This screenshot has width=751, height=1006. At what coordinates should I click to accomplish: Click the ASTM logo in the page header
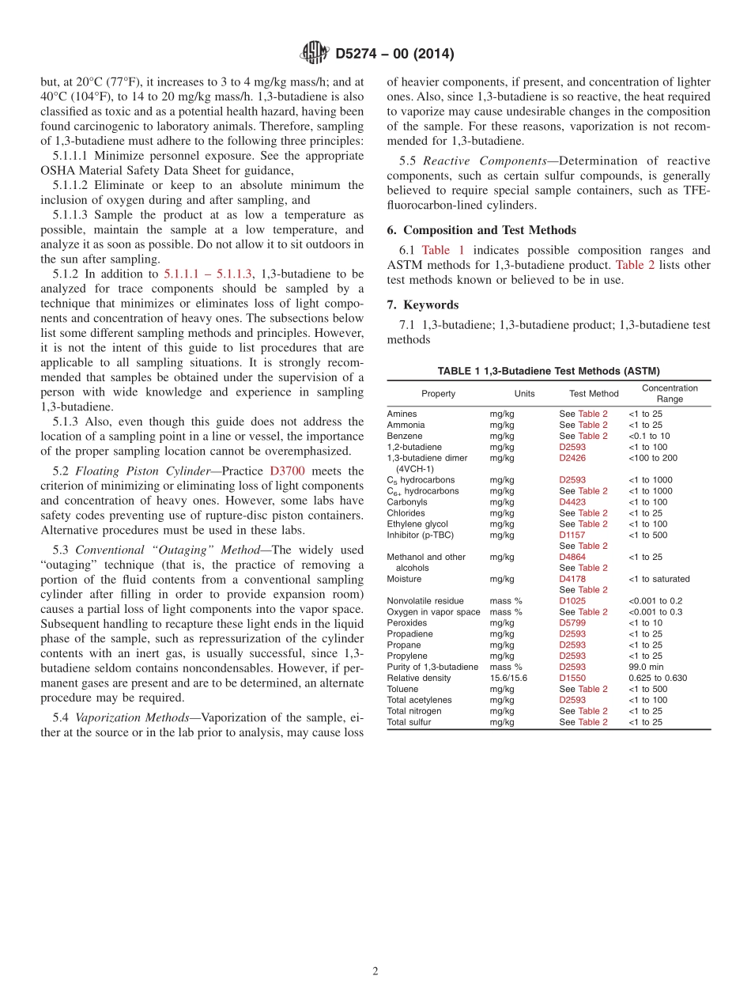[x=314, y=53]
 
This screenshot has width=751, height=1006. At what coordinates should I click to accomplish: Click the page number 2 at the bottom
[x=375, y=971]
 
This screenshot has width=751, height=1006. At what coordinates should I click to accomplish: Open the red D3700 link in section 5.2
[x=286, y=471]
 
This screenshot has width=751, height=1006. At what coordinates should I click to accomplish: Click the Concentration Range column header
[x=669, y=393]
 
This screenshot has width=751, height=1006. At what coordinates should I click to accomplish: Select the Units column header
[x=524, y=394]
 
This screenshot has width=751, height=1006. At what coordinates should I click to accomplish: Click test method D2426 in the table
[x=572, y=458]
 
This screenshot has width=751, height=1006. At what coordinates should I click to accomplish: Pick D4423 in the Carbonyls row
[x=572, y=502]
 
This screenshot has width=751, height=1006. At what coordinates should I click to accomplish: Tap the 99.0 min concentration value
[x=646, y=667]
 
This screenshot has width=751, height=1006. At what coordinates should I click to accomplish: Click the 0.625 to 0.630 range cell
[x=657, y=678]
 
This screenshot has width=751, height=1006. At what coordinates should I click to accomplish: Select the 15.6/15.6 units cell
[x=508, y=678]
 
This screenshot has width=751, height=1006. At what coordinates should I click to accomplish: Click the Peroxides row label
[x=407, y=623]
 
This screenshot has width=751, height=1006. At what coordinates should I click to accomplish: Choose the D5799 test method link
[x=572, y=623]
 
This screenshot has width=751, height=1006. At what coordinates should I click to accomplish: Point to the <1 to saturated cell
[x=659, y=579]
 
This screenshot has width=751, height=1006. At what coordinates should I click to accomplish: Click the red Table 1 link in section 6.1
[x=443, y=250]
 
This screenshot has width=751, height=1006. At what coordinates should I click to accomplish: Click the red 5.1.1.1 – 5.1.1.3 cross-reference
[x=208, y=274]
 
